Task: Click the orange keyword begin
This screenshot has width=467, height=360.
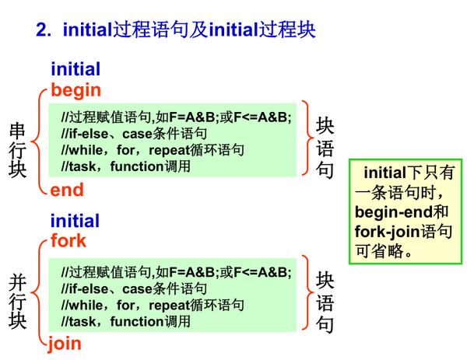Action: click(75, 90)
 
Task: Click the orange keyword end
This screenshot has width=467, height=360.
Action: click(67, 190)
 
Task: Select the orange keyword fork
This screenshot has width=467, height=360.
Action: click(68, 240)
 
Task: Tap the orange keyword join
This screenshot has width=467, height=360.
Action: click(65, 343)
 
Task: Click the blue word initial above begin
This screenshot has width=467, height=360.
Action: click(75, 69)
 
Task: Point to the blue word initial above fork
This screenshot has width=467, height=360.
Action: click(75, 221)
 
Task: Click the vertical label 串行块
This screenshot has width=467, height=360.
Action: click(17, 150)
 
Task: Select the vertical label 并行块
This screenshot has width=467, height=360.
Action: click(17, 301)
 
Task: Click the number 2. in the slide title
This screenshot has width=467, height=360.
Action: click(44, 30)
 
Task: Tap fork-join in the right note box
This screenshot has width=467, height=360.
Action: click(387, 232)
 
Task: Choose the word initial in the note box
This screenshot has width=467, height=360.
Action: click(385, 173)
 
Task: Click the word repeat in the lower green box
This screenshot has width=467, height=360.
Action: click(169, 305)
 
